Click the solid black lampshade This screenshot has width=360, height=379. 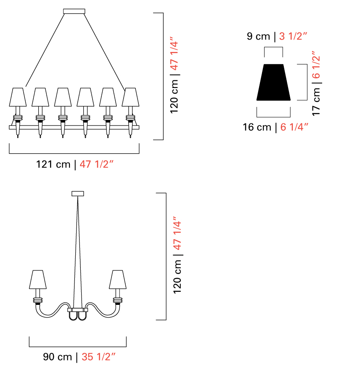(x=273, y=82)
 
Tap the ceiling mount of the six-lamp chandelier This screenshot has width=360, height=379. (x=74, y=11)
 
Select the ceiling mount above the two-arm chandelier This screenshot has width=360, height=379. (x=78, y=194)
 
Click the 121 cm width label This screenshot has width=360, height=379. (x=53, y=164)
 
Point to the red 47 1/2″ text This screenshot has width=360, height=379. (x=96, y=164)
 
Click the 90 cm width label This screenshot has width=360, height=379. (x=58, y=357)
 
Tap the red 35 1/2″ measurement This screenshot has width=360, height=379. (x=98, y=357)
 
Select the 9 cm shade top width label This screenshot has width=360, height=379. (x=258, y=37)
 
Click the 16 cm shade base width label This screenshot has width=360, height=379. (x=257, y=127)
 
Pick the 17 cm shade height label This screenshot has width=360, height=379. (x=316, y=101)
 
